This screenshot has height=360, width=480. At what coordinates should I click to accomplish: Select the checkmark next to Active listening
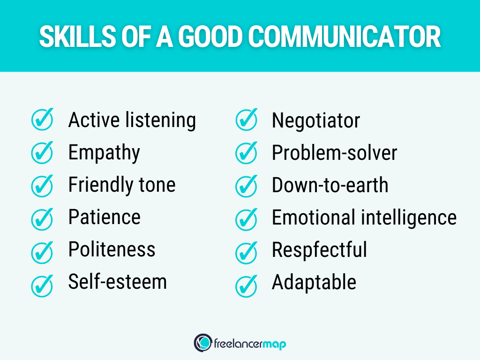42,120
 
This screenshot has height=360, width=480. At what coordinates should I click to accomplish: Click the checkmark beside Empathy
42,152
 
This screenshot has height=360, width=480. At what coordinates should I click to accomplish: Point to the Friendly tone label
122,185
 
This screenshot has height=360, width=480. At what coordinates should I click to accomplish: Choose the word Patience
104,217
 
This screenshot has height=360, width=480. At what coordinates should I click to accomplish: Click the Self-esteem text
117,282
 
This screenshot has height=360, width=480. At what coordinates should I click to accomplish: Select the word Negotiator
315,120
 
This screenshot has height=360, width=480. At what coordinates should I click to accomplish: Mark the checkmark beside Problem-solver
246,152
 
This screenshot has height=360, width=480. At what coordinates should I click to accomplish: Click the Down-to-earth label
330,185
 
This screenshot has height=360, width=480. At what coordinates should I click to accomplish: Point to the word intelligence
407,217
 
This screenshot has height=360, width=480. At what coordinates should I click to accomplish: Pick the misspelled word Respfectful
319,249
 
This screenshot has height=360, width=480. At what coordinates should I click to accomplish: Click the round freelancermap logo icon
202,343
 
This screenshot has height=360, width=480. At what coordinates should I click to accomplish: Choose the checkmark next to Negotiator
246,120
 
